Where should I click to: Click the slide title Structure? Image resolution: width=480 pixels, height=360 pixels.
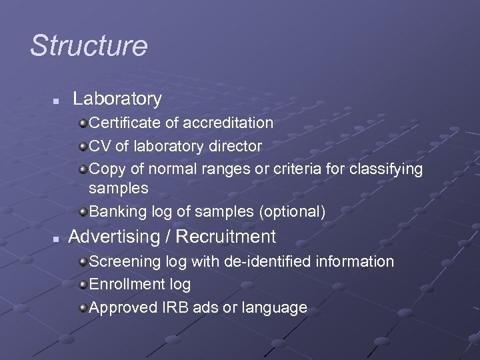(x=89, y=46)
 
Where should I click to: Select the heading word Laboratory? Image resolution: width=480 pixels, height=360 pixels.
(x=117, y=99)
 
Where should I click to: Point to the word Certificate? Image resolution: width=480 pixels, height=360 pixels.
(x=122, y=123)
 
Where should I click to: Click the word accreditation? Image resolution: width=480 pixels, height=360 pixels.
(x=228, y=123)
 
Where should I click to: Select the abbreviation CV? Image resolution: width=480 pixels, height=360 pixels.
(x=100, y=146)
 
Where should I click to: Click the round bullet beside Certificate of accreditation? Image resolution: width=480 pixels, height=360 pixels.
(x=82, y=123)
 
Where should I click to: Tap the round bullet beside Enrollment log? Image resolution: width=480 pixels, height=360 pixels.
(x=82, y=285)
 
